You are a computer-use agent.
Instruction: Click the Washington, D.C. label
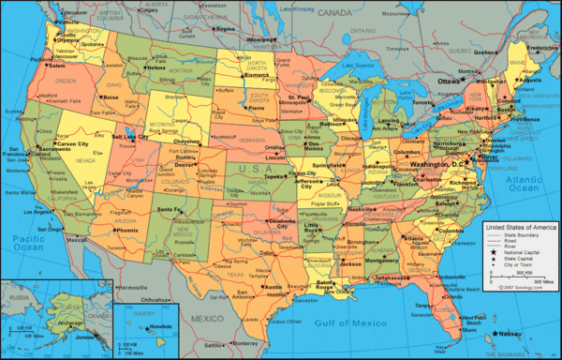point(434,163)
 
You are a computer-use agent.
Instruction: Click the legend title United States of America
point(520,229)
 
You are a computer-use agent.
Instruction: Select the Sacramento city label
point(55,149)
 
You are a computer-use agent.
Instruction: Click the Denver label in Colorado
point(185,164)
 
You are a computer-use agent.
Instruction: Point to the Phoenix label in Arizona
point(127,230)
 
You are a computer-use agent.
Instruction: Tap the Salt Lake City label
point(130,136)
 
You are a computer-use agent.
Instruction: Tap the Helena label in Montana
point(155,68)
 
